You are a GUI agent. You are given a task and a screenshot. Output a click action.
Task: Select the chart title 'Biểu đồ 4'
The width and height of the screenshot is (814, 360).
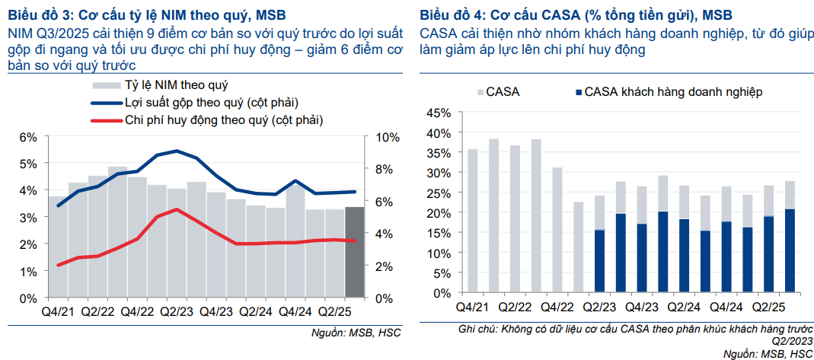click(455, 14)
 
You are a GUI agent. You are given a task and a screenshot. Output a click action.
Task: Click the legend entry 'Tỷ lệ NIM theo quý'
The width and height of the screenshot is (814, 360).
click(175, 85)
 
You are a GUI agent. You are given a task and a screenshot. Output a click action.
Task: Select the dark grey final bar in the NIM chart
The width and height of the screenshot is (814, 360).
click(354, 251)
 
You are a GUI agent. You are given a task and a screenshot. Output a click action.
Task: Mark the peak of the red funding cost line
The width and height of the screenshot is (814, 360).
click(177, 209)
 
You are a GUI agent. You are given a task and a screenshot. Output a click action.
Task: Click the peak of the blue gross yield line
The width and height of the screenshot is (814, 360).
click(177, 151)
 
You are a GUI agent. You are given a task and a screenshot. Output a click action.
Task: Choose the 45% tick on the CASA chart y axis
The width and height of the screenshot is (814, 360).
click(439, 113)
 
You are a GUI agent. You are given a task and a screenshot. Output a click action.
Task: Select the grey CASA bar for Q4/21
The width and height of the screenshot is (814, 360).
click(473, 221)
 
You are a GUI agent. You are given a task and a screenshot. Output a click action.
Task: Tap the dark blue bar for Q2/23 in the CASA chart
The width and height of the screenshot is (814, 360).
click(600, 261)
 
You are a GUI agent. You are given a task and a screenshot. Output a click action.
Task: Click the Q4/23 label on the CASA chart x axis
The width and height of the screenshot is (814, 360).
click(642, 307)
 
